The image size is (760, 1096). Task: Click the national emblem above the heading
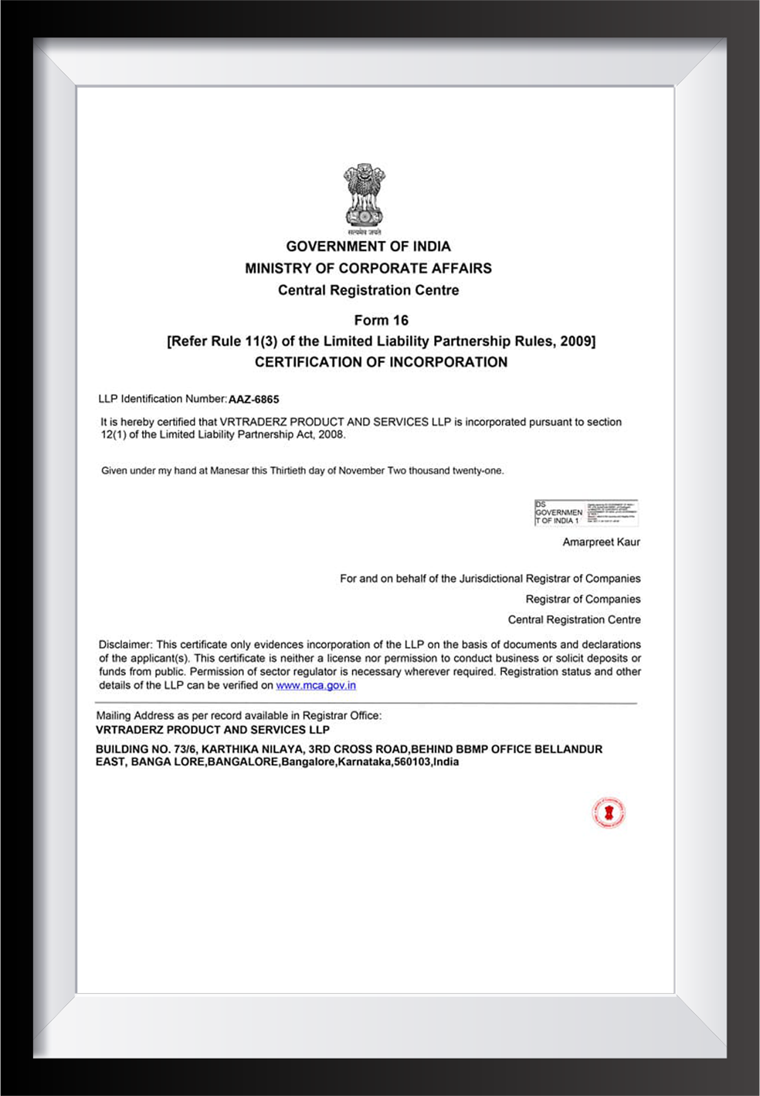(364, 197)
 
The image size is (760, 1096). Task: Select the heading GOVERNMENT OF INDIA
(368, 246)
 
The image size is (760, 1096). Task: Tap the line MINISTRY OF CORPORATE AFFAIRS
(368, 268)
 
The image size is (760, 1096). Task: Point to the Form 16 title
(381, 320)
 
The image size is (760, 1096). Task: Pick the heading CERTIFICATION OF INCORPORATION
(381, 361)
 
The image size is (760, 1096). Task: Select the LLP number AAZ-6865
(253, 399)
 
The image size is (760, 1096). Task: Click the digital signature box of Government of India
(585, 512)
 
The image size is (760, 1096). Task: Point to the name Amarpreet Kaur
(601, 542)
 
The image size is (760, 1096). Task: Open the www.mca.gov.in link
(316, 685)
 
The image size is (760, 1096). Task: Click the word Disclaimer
(125, 644)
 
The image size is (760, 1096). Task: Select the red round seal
(609, 813)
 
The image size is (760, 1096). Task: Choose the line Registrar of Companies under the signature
(583, 599)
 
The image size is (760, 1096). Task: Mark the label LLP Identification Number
(161, 399)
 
